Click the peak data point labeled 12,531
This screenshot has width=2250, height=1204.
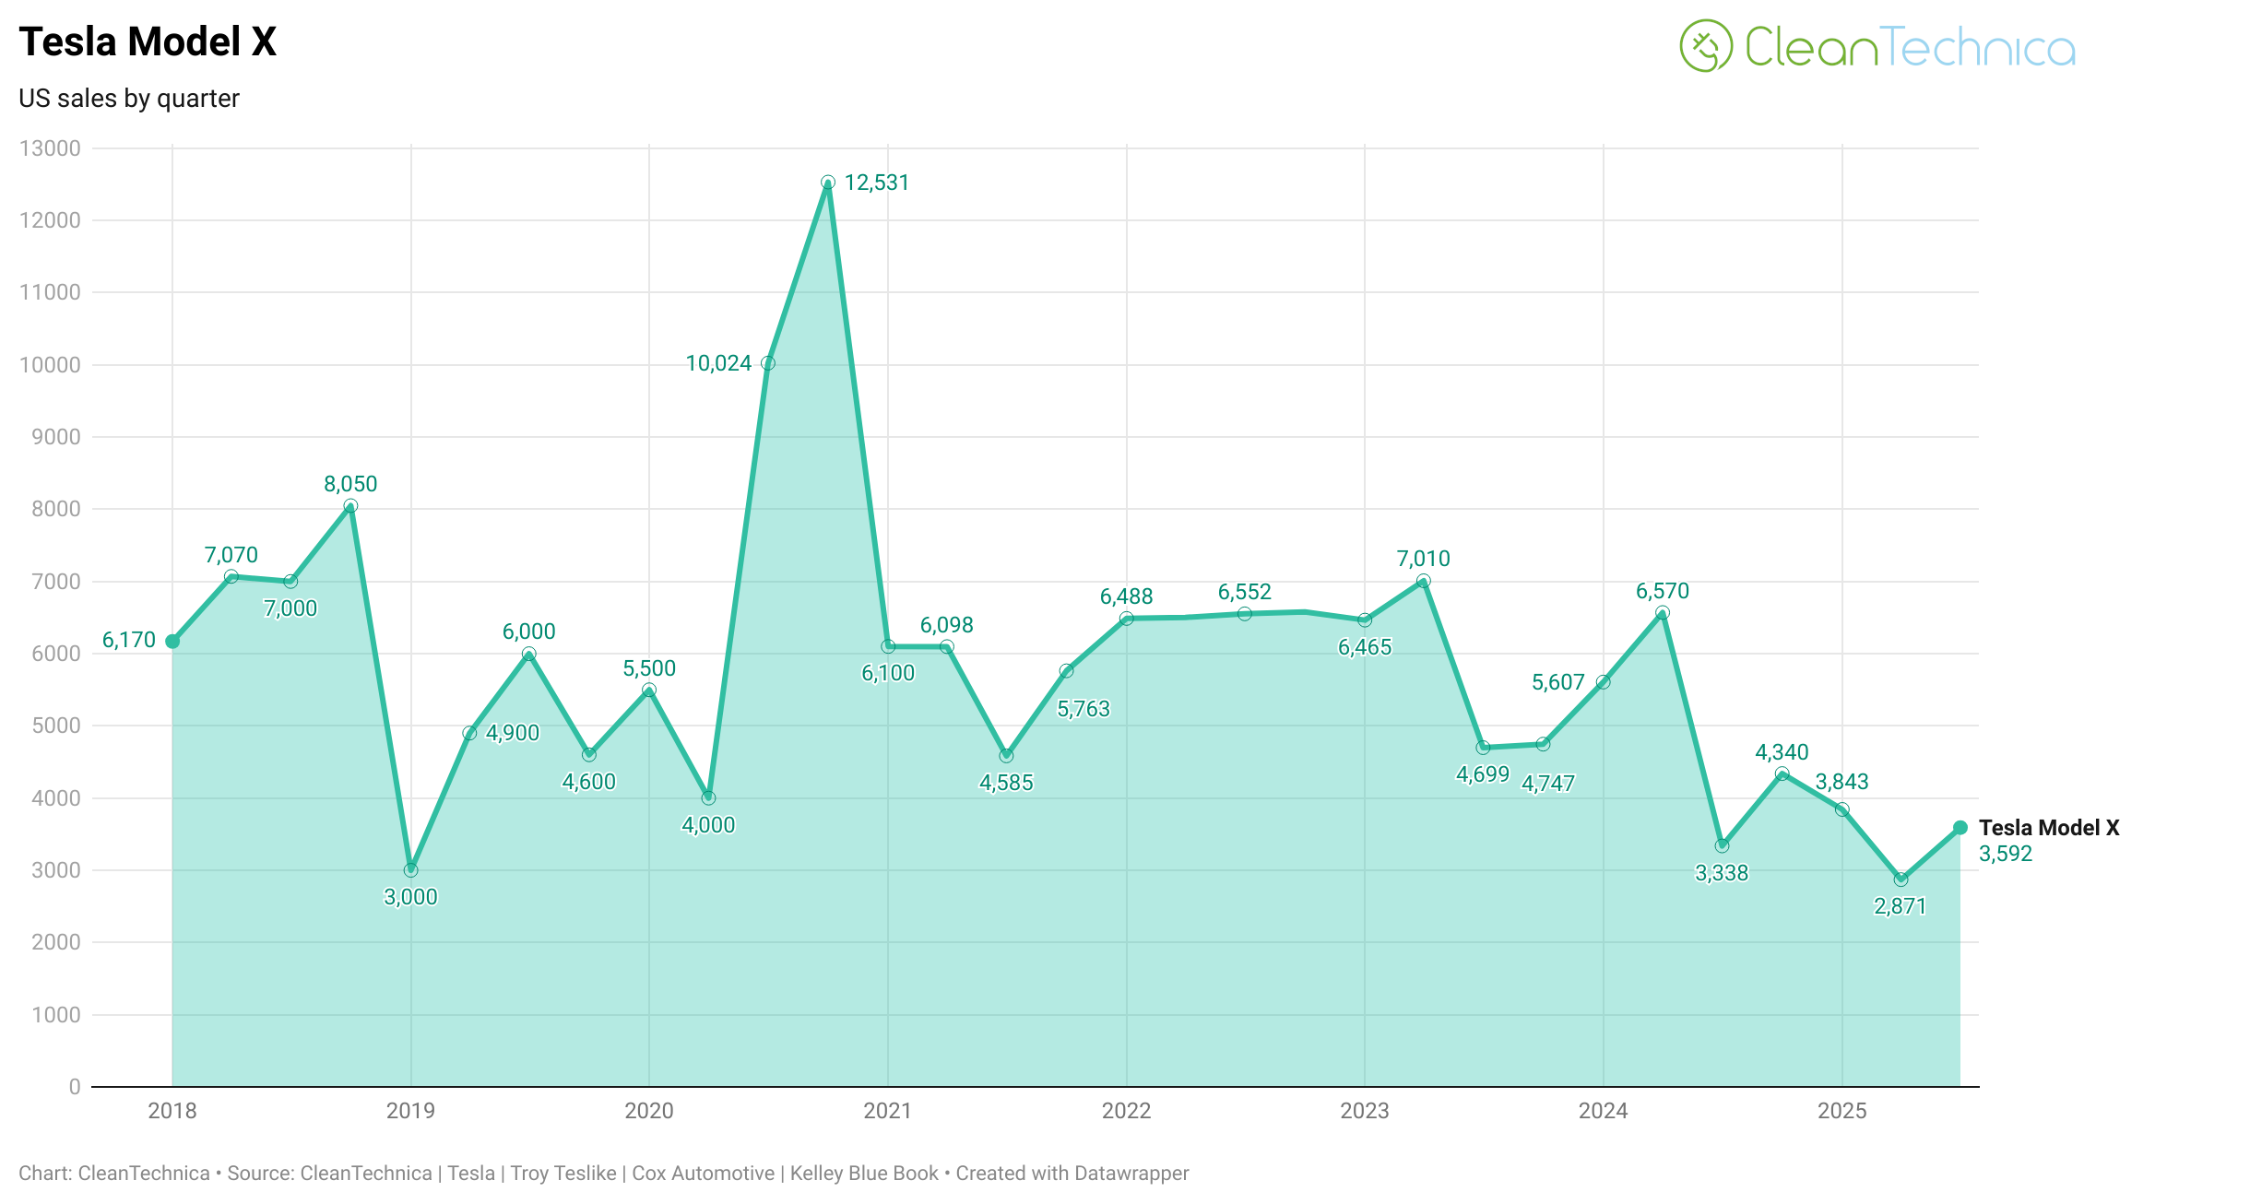828,183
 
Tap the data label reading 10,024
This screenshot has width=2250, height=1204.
718,363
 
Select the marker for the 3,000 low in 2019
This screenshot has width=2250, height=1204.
411,870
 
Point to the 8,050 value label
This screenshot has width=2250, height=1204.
350,484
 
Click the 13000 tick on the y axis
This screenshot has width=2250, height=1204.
50,148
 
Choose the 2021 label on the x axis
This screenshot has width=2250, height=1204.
887,1111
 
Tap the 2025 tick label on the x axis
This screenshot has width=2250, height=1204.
1841,1111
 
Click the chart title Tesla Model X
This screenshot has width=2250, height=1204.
148,42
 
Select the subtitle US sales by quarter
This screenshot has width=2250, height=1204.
129,99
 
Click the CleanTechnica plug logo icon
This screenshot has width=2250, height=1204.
1706,46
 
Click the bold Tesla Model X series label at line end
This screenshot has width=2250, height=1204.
2049,828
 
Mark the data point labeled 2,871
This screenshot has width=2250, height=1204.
1901,879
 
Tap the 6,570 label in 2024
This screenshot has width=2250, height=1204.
1663,591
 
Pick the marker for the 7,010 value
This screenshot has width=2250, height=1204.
1424,582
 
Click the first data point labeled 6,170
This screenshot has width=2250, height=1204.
172,642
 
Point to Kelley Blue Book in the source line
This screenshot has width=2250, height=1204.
864,1174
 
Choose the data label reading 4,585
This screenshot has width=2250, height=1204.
1006,783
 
